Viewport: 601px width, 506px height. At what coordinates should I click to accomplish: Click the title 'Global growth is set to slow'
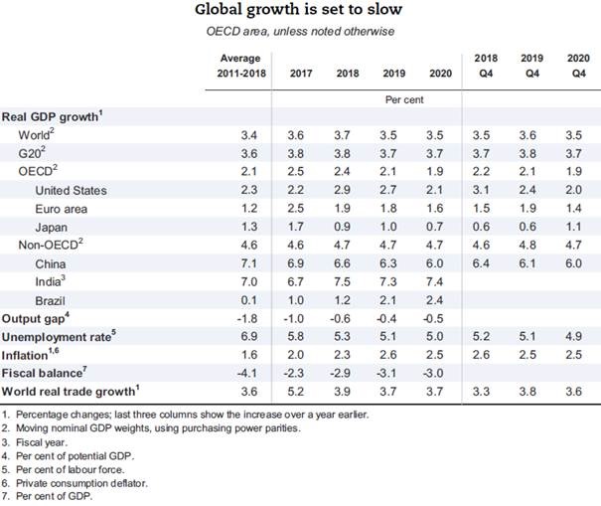point(300,12)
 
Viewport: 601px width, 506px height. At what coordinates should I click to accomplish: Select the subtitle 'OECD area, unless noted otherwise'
point(300,33)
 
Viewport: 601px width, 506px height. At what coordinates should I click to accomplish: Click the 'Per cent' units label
point(404,99)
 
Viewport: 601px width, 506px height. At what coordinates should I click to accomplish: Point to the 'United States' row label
point(71,190)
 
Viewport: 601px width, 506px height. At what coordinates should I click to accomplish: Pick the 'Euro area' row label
point(61,209)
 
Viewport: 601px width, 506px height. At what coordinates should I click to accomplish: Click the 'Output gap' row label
point(36,319)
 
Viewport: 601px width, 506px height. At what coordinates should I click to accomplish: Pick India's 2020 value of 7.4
point(432,283)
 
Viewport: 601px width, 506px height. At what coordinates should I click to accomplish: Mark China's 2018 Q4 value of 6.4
point(485,264)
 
